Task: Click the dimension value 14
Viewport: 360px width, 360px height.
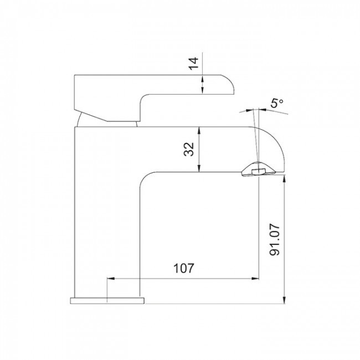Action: coord(193,63)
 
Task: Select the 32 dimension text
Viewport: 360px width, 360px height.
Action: coord(189,149)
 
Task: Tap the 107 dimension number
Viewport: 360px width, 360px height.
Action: coord(184,268)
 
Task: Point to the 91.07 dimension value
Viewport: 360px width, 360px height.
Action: coord(275,240)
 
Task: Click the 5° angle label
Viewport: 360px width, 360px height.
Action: coord(277,103)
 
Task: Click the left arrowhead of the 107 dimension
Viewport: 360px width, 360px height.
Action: coord(111,279)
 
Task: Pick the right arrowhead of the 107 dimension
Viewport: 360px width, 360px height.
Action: coord(255,279)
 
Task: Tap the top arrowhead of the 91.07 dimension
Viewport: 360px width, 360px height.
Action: coord(284,179)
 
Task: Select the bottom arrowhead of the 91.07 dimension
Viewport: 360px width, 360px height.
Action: coord(284,300)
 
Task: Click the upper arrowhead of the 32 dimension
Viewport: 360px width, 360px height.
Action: coord(199,130)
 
